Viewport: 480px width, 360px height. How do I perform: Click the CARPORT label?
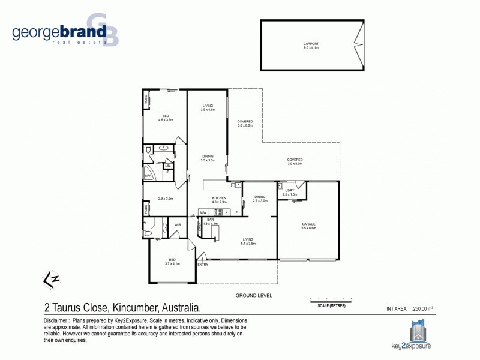311,43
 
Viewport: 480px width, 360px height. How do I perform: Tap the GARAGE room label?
308,224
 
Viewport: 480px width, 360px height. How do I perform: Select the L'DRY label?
290,191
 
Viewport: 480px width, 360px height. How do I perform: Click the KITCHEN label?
219,198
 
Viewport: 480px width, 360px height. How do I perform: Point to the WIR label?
178,225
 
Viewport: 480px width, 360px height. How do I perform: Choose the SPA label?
148,176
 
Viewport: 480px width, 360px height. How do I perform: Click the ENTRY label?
203,265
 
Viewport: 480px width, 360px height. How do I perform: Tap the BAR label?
211,220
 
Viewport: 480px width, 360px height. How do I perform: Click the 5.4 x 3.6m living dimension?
248,244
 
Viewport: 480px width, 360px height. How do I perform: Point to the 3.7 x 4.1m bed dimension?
172,263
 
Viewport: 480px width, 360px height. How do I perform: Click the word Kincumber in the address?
134,308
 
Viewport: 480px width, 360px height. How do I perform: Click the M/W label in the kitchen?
203,212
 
